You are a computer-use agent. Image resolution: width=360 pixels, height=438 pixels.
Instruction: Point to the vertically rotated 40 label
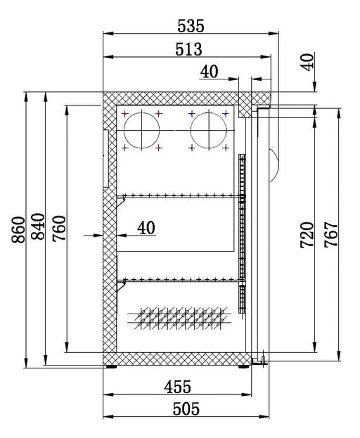pos(307,61)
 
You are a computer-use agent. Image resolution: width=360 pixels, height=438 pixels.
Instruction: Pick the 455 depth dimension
pos(178,387)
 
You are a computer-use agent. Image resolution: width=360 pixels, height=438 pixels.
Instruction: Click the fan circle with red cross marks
pos(142,131)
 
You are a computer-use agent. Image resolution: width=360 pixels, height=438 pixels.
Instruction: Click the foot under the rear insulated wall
pos(111,365)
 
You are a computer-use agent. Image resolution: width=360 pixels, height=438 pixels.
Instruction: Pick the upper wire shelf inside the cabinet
pos(179,197)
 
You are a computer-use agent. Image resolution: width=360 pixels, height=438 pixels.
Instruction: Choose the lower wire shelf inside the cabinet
pos(179,279)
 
